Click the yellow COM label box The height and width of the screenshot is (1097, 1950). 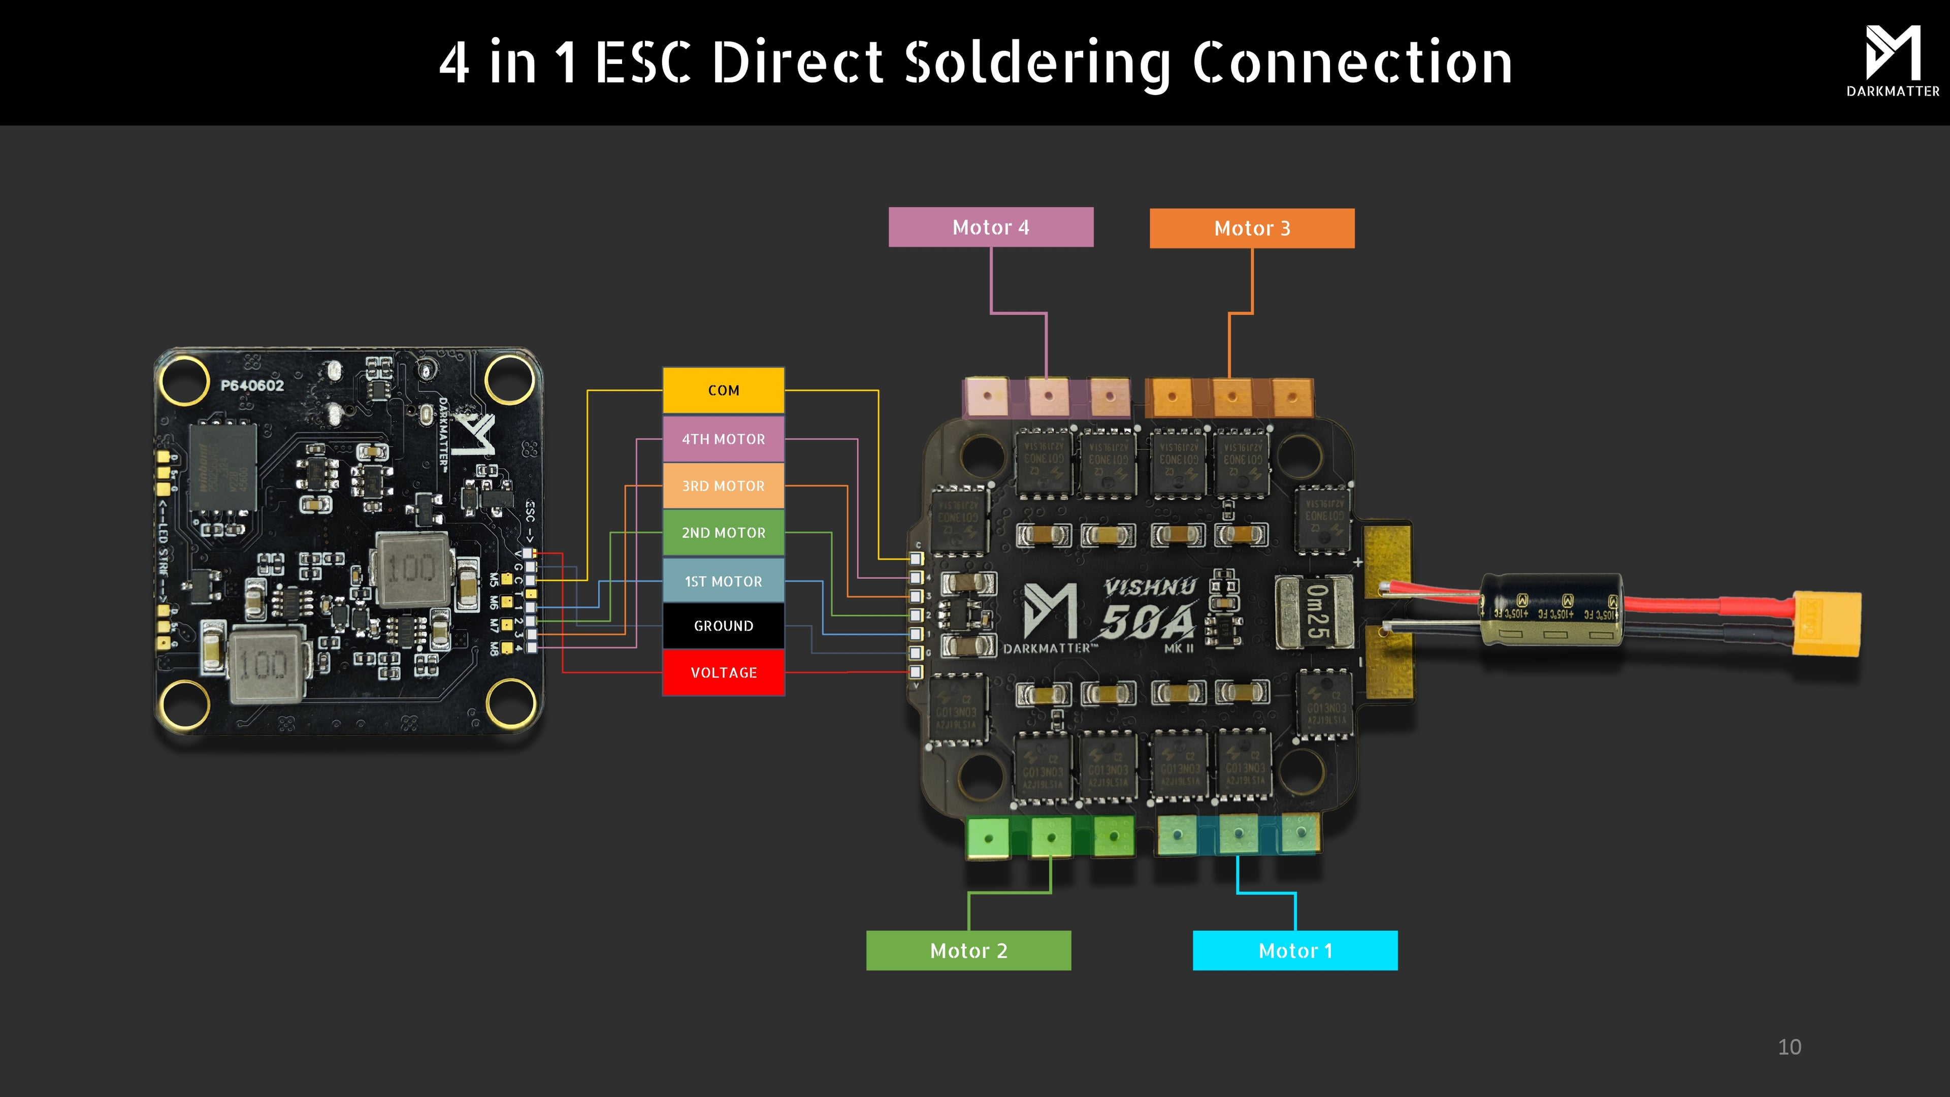[723, 390]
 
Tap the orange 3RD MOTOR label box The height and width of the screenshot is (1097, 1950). [723, 486]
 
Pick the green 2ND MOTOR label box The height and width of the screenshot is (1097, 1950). [723, 532]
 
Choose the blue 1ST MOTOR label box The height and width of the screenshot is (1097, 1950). [723, 580]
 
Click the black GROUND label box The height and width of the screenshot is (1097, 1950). [723, 625]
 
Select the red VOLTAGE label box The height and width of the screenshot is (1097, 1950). [723, 672]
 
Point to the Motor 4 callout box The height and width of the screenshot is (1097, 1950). [990, 227]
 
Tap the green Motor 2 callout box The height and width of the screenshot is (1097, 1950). [968, 950]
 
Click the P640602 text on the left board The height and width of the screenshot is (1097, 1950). [252, 385]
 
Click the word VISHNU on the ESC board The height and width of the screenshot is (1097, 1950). [1149, 587]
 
